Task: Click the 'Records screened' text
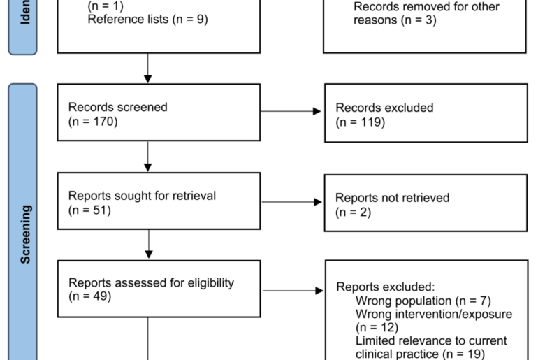tap(117, 107)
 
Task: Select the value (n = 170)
tap(92, 121)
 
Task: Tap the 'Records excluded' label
tap(384, 108)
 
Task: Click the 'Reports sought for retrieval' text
tap(142, 196)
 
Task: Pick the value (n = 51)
tap(89, 210)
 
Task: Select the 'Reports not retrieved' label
tap(392, 198)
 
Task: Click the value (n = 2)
tap(353, 212)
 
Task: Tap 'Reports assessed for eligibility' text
tap(151, 283)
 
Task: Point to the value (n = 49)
tap(89, 297)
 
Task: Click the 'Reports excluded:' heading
tap(385, 287)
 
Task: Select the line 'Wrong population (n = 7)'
tap(423, 301)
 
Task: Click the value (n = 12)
tap(377, 327)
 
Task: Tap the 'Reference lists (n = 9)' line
tap(147, 20)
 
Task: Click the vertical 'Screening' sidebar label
tap(26, 234)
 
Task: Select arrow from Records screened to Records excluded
tap(291, 111)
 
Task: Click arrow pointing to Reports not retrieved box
tap(291, 202)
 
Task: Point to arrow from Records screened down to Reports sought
tap(147, 157)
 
